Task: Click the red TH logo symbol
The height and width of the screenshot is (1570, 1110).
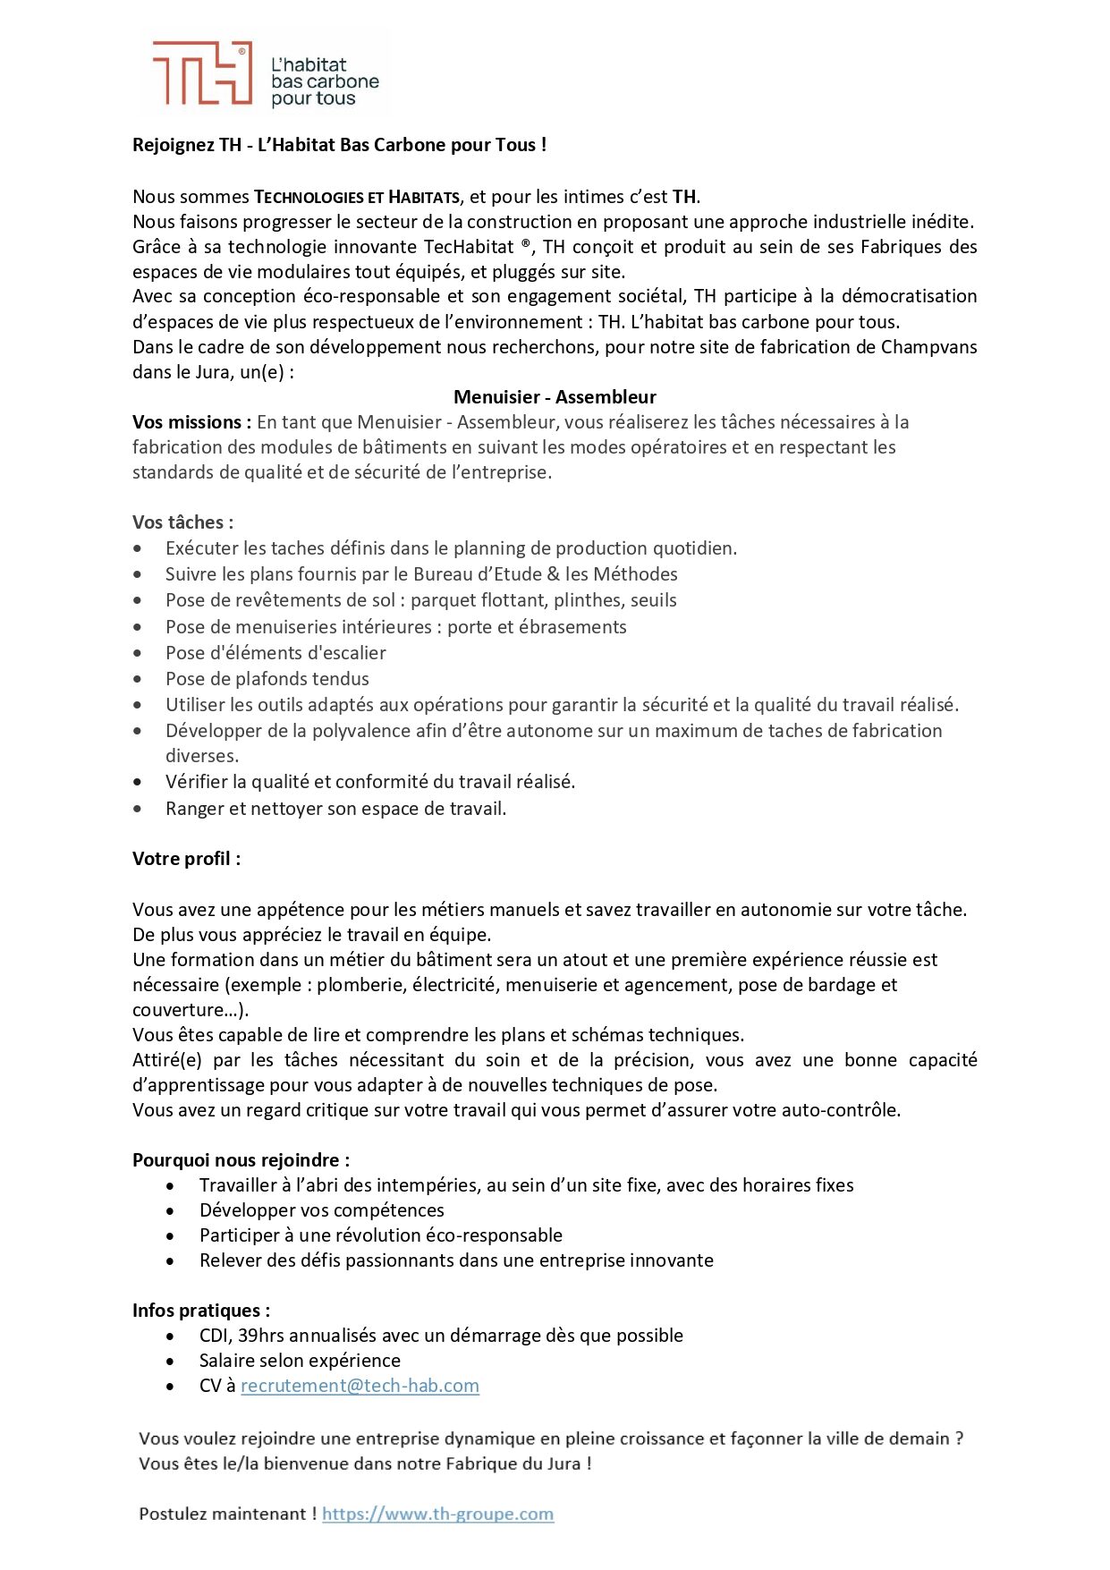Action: (202, 73)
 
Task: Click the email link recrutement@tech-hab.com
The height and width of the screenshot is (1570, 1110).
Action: (360, 1386)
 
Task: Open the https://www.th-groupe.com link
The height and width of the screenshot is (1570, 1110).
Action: (437, 1514)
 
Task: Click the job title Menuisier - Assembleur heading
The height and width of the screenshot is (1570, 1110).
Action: (555, 397)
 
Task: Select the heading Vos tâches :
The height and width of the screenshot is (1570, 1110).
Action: (182, 522)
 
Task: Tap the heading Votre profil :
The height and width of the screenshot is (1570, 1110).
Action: (186, 859)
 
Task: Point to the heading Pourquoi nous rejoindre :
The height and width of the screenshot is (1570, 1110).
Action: (241, 1160)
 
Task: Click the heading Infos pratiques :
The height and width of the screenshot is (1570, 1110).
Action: (201, 1311)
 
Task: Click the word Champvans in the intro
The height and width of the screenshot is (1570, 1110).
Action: (928, 347)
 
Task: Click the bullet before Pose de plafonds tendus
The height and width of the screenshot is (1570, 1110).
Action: (138, 679)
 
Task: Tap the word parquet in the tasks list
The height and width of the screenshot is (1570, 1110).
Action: (442, 600)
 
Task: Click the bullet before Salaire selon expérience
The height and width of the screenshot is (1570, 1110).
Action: (171, 1362)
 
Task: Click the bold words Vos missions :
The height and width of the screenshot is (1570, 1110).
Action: (191, 422)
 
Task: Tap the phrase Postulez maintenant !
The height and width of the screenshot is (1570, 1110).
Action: (227, 1514)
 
